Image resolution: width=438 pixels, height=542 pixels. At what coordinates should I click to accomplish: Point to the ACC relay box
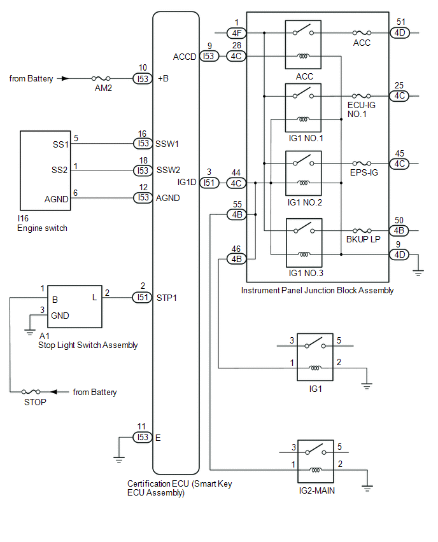pyautogui.click(x=304, y=44)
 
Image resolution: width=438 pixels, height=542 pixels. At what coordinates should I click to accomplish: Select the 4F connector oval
pyautogui.click(x=236, y=32)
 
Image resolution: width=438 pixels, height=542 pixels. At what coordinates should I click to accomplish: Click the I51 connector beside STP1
pyautogui.click(x=142, y=297)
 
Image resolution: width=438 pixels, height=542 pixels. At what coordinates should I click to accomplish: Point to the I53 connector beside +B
pyautogui.click(x=142, y=79)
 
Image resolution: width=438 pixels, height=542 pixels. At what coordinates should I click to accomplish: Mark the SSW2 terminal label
pyautogui.click(x=168, y=170)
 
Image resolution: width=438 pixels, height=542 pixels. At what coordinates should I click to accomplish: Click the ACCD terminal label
pyautogui.click(x=185, y=57)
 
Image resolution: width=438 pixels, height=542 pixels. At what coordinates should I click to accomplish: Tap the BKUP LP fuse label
pyautogui.click(x=362, y=240)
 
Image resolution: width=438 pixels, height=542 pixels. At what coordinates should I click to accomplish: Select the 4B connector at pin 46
pyautogui.click(x=236, y=259)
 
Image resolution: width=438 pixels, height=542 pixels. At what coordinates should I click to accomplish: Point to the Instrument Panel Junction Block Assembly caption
pyautogui.click(x=317, y=290)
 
